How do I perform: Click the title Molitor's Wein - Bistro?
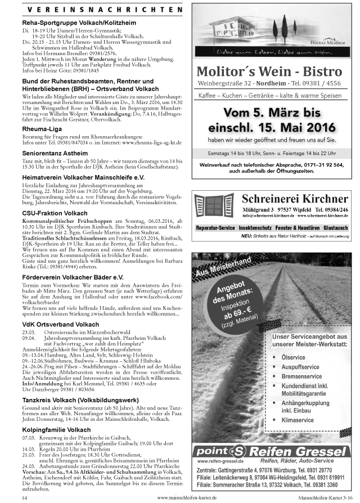(x=269, y=71)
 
